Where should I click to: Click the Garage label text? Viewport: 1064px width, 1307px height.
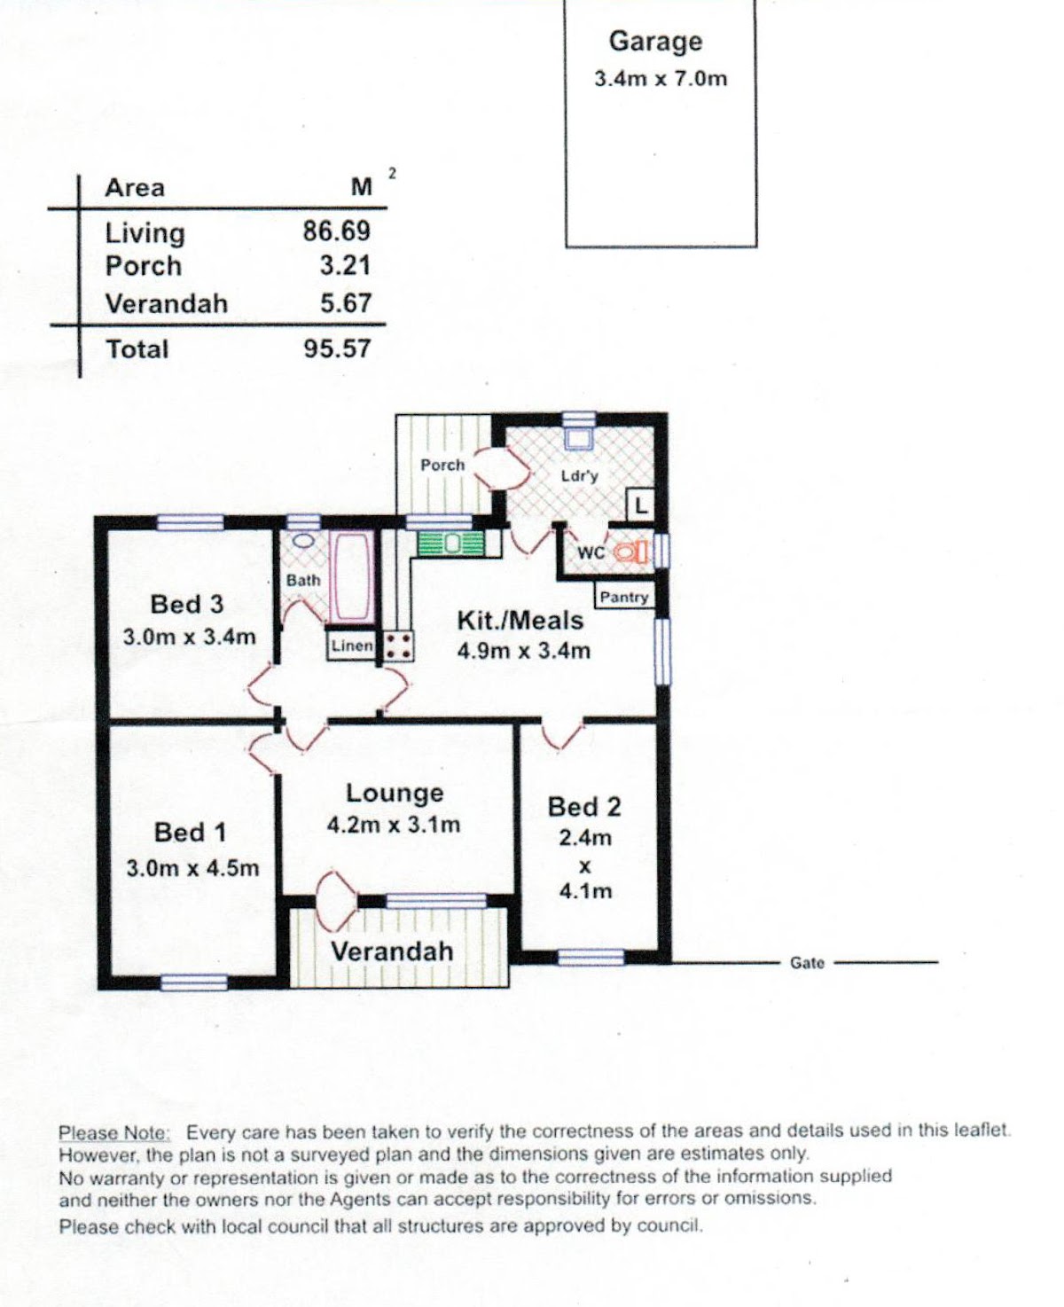[655, 42]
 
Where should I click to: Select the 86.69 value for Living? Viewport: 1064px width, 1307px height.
[337, 231]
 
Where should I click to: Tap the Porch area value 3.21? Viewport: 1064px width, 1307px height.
[346, 266]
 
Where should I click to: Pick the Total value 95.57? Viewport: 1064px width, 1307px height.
[338, 348]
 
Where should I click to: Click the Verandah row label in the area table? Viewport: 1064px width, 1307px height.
[167, 304]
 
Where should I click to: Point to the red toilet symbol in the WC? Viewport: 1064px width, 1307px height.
[630, 552]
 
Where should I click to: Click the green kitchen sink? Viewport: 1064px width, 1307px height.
[450, 544]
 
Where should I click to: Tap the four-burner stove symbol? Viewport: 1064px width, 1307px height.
[397, 646]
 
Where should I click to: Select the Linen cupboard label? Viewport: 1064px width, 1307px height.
[352, 646]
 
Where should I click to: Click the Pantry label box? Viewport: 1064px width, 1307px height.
[624, 597]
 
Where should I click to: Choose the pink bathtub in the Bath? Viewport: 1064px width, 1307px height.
[352, 575]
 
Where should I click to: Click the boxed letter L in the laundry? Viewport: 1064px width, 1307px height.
[640, 505]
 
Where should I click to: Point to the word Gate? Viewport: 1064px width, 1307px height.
[807, 963]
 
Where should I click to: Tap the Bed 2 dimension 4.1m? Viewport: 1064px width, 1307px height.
[585, 891]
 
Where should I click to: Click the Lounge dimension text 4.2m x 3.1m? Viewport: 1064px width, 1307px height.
[394, 825]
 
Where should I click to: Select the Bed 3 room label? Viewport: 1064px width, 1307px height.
[187, 605]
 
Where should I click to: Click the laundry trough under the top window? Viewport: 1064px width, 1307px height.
[578, 437]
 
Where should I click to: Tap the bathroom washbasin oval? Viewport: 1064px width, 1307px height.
[303, 541]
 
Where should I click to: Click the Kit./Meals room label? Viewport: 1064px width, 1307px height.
[520, 621]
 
